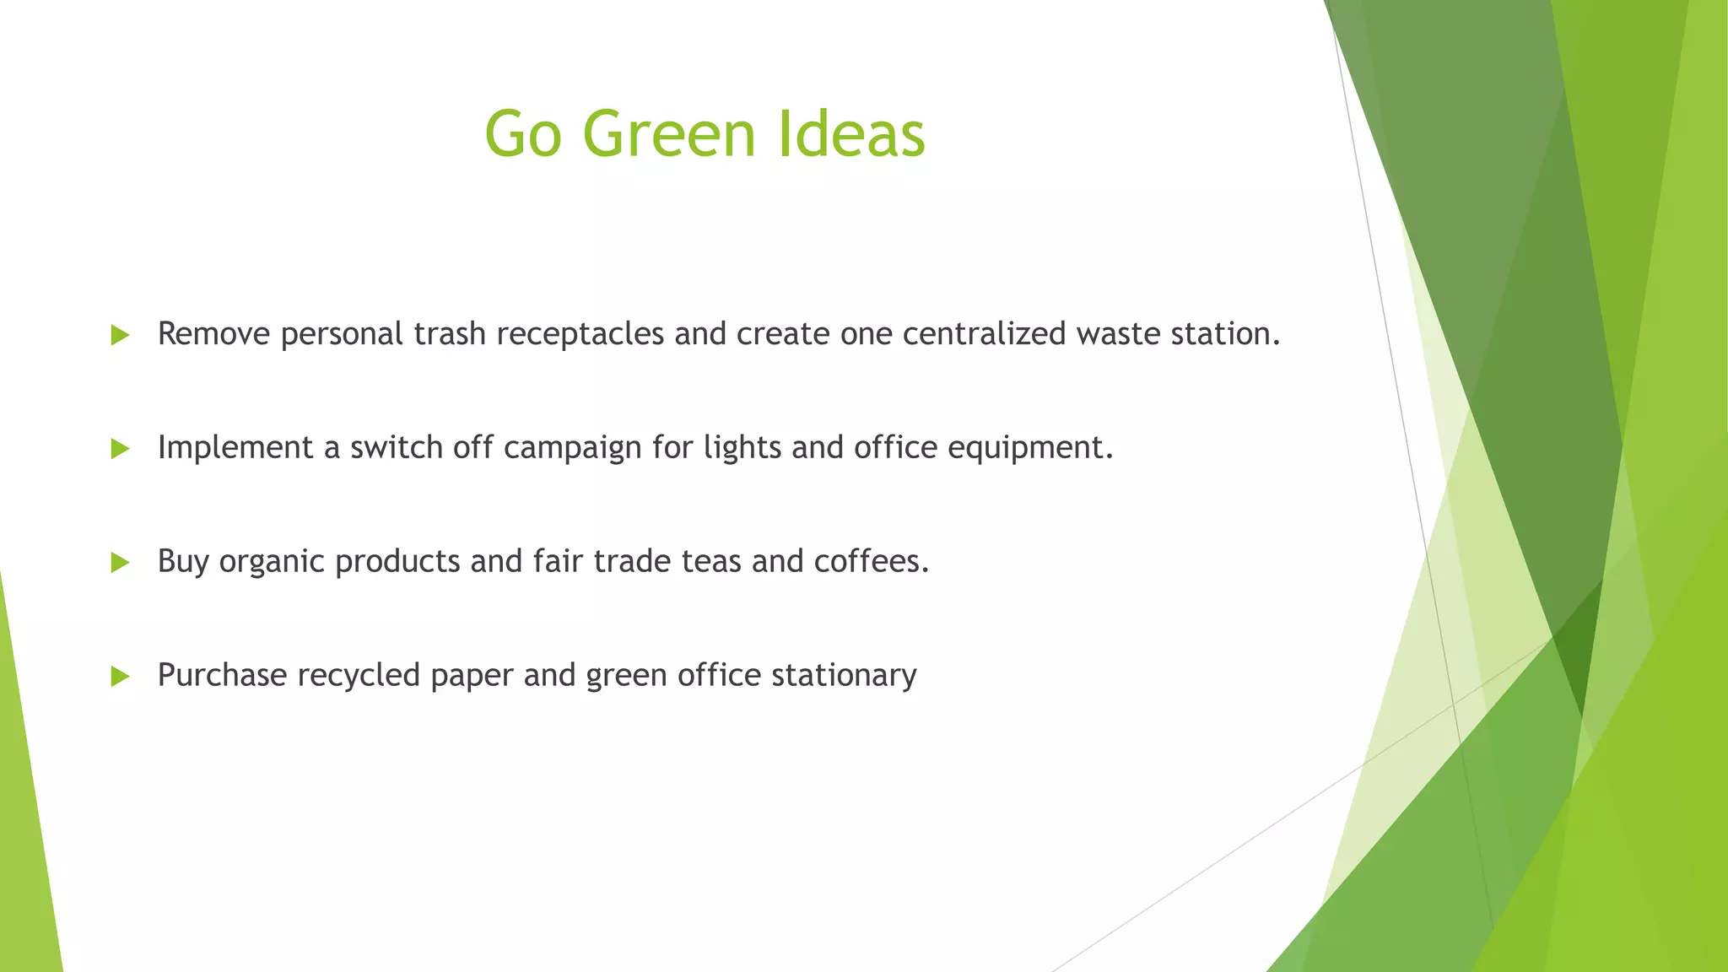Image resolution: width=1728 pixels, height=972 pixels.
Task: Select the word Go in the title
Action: click(522, 135)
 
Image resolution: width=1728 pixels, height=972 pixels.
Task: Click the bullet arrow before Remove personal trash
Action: click(120, 336)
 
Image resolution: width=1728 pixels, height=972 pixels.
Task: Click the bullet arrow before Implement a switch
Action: click(120, 449)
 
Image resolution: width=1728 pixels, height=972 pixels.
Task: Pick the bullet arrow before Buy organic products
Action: click(120, 563)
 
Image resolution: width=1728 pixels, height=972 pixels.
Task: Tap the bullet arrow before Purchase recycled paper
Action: click(120, 676)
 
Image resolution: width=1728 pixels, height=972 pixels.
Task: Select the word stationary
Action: click(844, 676)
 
